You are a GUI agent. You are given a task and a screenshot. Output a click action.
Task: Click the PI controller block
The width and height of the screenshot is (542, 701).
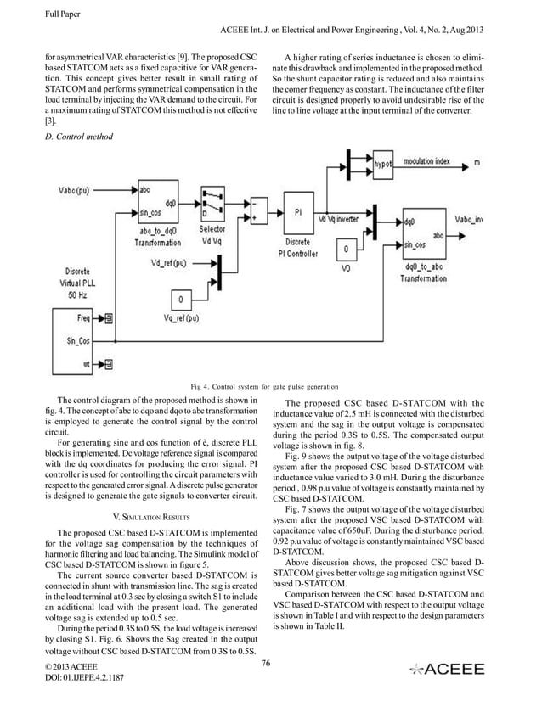pyautogui.click(x=297, y=214)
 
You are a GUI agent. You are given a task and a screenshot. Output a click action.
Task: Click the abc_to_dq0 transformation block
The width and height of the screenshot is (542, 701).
pyautogui.click(x=157, y=203)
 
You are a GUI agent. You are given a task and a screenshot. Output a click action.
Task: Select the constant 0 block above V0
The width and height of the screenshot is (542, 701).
pyautogui.click(x=344, y=250)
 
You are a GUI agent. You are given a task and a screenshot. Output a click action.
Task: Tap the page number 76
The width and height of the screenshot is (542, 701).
pyautogui.click(x=266, y=662)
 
